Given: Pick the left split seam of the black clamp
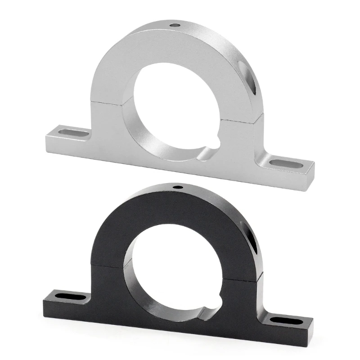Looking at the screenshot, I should [x=110, y=265].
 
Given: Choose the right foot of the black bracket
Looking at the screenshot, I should [x=288, y=325].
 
